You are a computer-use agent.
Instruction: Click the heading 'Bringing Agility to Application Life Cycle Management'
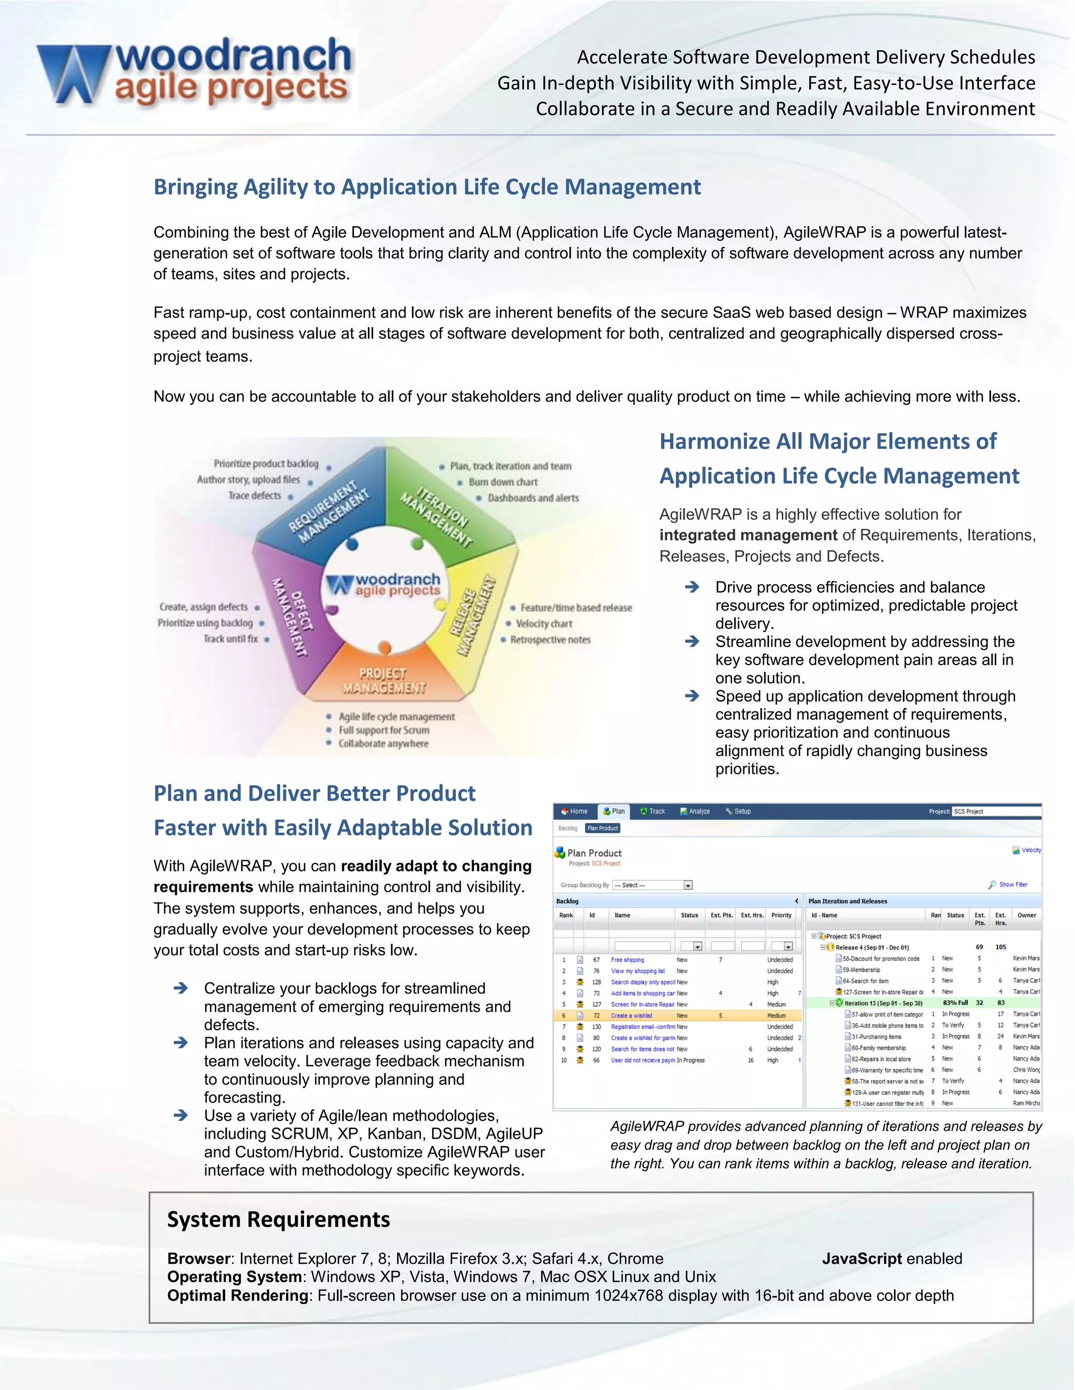pos(427,187)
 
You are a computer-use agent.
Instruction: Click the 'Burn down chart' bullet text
pos(503,483)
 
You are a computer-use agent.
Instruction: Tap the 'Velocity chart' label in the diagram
pos(544,624)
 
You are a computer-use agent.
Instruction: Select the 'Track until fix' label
pos(230,639)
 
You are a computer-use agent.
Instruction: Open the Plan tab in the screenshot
pos(615,811)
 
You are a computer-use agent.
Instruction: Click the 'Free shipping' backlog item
pos(627,960)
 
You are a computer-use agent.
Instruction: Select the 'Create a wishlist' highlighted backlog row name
pos(631,1016)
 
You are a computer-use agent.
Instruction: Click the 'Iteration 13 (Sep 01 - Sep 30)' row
pos(883,1003)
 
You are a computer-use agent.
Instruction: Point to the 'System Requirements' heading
pos(278,1220)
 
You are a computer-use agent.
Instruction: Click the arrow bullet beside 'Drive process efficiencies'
pos(692,587)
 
